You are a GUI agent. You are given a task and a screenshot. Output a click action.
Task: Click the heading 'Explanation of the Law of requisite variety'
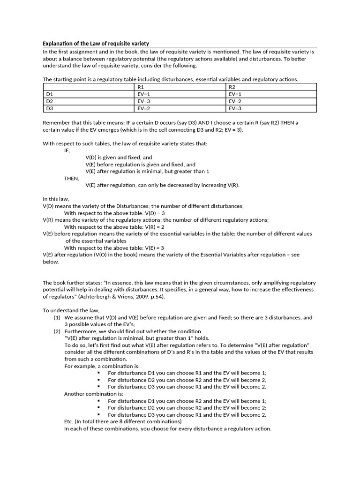coord(96,44)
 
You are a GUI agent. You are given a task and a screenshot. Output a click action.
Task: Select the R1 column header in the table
coord(141,87)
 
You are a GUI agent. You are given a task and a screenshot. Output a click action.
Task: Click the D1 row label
coord(50,94)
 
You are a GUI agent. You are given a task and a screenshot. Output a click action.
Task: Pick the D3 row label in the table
coord(50,108)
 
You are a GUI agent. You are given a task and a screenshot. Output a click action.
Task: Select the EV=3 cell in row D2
coord(143,101)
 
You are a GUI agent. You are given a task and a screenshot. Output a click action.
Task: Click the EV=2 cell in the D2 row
coord(235,101)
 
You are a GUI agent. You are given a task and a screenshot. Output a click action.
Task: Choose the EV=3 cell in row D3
coord(235,108)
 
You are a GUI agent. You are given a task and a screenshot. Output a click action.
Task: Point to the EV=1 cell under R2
coord(235,94)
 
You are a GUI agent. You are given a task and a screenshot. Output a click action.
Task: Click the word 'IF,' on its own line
coord(67,151)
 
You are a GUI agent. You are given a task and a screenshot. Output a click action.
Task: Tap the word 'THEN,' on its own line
coord(72,179)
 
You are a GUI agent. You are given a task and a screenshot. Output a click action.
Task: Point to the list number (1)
coord(57,317)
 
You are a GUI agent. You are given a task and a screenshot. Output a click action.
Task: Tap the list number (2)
coord(57,331)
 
